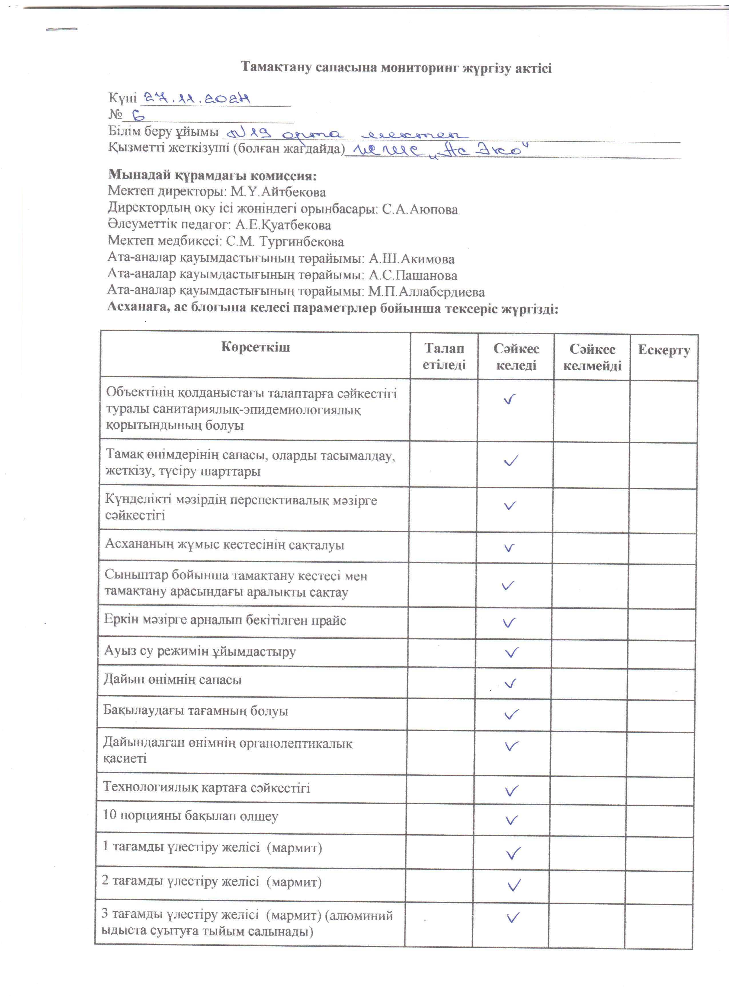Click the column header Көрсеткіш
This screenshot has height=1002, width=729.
(x=256, y=347)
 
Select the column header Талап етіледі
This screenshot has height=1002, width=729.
(x=444, y=356)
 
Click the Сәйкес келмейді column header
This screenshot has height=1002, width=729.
(x=592, y=357)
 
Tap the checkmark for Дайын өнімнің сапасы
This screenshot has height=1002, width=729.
(x=511, y=684)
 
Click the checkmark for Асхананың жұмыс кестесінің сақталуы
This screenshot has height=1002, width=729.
(x=509, y=548)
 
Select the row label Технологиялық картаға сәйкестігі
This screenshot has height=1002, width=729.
(x=206, y=787)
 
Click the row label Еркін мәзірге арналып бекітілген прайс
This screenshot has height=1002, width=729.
(x=225, y=620)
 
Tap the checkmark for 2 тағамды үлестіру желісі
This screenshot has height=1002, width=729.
(x=514, y=885)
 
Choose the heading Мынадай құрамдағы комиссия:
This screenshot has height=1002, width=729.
(x=213, y=175)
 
